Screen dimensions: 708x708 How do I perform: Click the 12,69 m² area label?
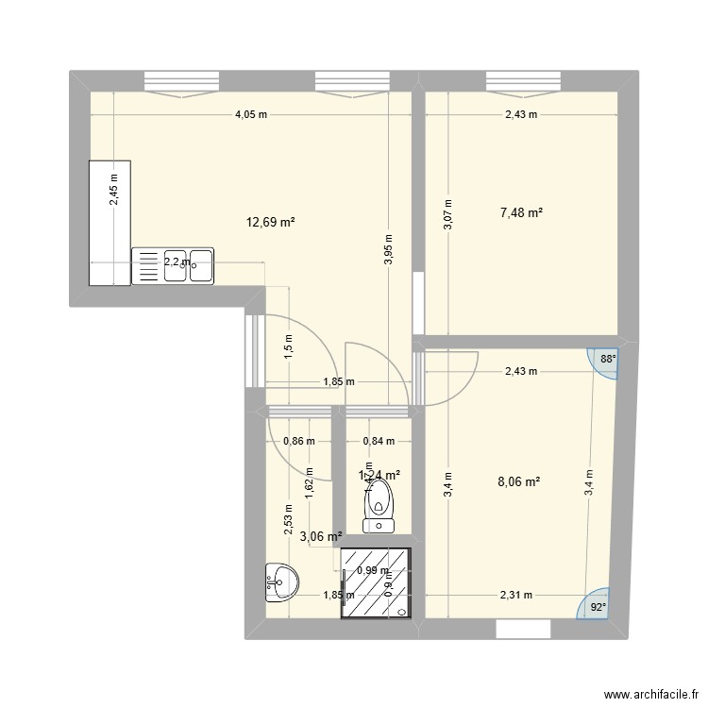click(271, 222)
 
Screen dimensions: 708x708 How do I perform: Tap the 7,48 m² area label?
click(521, 213)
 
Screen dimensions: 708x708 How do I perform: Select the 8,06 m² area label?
click(519, 480)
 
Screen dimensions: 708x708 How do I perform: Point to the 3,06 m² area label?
click(321, 537)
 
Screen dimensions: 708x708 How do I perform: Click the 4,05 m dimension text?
click(251, 115)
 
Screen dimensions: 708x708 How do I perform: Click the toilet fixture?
click(379, 504)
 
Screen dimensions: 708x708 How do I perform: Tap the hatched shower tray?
click(377, 583)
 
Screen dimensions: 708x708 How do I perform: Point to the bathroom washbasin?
click(279, 581)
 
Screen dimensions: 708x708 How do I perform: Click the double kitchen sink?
click(173, 265)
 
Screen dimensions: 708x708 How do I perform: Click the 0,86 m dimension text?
click(299, 440)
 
